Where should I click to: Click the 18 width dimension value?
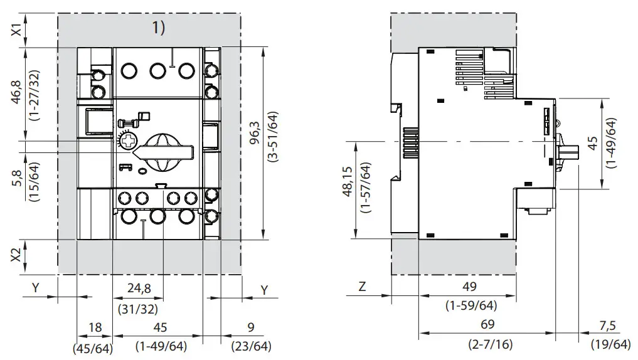(95, 327)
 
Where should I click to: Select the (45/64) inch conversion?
(95, 346)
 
